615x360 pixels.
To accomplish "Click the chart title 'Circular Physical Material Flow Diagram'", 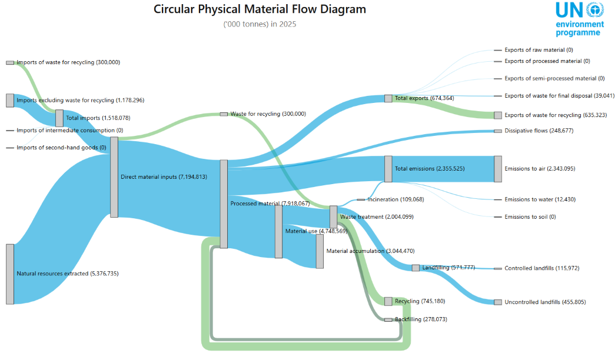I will (260, 9).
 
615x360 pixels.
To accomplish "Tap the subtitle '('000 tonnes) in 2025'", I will (260, 24).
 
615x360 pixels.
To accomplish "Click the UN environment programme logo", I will (579, 19).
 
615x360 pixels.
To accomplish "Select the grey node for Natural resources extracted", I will (10, 274).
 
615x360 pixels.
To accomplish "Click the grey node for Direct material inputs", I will (114, 177).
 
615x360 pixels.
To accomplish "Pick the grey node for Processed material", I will (224, 204).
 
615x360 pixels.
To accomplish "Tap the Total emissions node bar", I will (388, 169).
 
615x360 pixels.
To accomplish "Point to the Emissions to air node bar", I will (498, 169).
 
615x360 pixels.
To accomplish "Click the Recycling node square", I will (388, 301).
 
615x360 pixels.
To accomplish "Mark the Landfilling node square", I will (415, 268).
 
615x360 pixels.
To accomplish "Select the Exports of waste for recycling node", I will (498, 115).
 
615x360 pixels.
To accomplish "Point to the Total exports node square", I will (388, 98).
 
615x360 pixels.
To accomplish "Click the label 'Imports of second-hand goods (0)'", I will (61, 148).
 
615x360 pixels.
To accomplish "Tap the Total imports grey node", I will (59, 118).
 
